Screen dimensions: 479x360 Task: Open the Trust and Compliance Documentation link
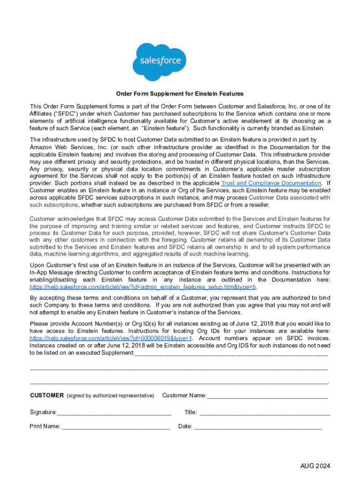271,183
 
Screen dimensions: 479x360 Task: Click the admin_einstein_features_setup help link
143,287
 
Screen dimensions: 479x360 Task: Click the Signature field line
114,413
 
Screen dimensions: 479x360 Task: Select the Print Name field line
116,427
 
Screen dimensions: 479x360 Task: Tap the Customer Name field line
267,396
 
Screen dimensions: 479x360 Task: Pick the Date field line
258,427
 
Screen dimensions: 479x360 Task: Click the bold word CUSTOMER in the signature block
47,396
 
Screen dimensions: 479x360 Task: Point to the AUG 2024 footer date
316,466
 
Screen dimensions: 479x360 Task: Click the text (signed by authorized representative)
110,396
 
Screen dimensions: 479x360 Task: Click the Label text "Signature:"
43,413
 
